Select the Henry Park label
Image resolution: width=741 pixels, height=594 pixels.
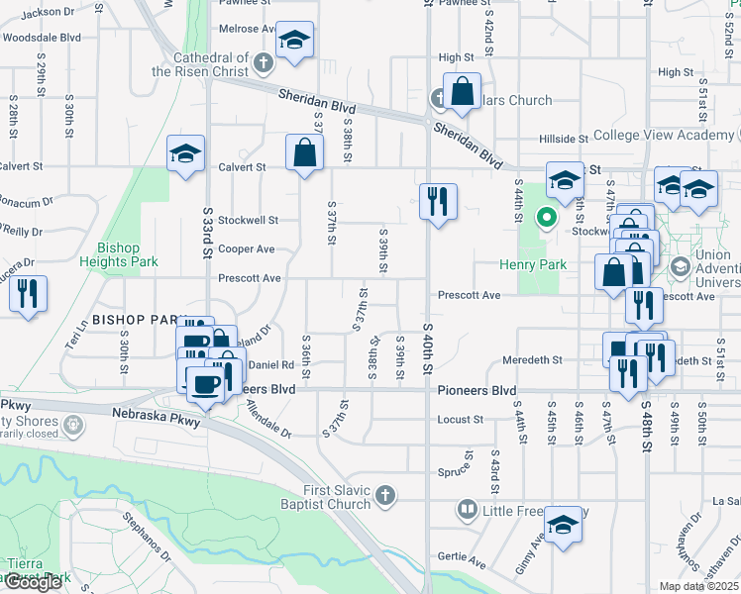pyautogui.click(x=532, y=264)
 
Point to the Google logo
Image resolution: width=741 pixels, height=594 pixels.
pyautogui.click(x=33, y=582)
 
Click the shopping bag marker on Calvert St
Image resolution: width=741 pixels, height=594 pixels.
pyautogui.click(x=304, y=153)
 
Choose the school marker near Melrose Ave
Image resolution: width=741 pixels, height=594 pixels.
pyautogui.click(x=293, y=41)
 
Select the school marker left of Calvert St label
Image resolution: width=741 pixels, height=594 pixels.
pyautogui.click(x=185, y=153)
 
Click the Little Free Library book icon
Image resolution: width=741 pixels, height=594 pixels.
pyautogui.click(x=467, y=511)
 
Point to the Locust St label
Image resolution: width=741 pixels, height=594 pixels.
pyautogui.click(x=460, y=420)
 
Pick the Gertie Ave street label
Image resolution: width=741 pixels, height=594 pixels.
pyautogui.click(x=464, y=562)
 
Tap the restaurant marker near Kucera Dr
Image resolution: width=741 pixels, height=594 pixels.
pyautogui.click(x=28, y=293)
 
